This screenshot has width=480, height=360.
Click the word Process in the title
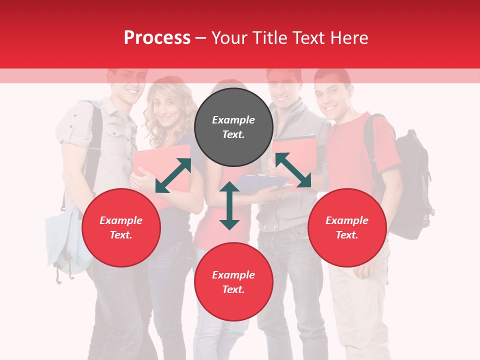point(157,38)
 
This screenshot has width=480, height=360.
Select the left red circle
point(121,227)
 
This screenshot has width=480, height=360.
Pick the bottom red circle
point(233,282)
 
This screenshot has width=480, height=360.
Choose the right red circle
point(347,227)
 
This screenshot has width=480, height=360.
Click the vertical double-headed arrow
point(229,205)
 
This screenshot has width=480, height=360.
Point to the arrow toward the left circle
point(173,175)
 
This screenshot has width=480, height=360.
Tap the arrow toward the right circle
point(293,170)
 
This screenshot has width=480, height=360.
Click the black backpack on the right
point(410,190)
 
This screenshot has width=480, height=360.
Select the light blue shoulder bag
point(62,240)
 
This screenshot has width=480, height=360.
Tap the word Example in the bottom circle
point(233,275)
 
